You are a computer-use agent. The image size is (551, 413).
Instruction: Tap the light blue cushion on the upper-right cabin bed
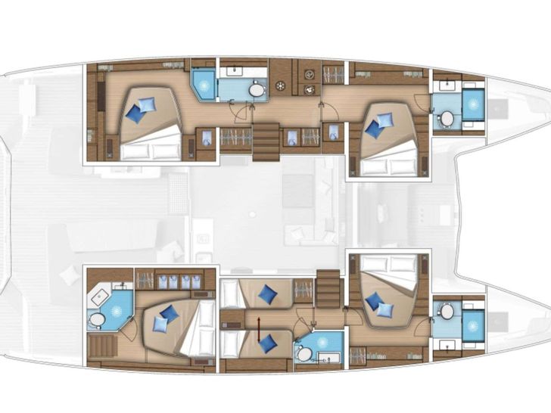tap(385, 120)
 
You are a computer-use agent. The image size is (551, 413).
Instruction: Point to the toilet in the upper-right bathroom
tap(447, 119)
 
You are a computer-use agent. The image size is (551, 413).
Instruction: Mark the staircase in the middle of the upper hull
tap(266, 142)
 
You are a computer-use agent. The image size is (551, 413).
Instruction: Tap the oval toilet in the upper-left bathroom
tap(257, 90)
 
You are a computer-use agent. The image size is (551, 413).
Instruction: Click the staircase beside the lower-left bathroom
tap(101, 348)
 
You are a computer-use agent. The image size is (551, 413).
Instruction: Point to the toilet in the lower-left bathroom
tap(96, 321)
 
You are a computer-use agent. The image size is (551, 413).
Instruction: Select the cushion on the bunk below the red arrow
tap(266, 343)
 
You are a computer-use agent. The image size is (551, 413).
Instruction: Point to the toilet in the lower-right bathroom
tap(447, 311)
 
